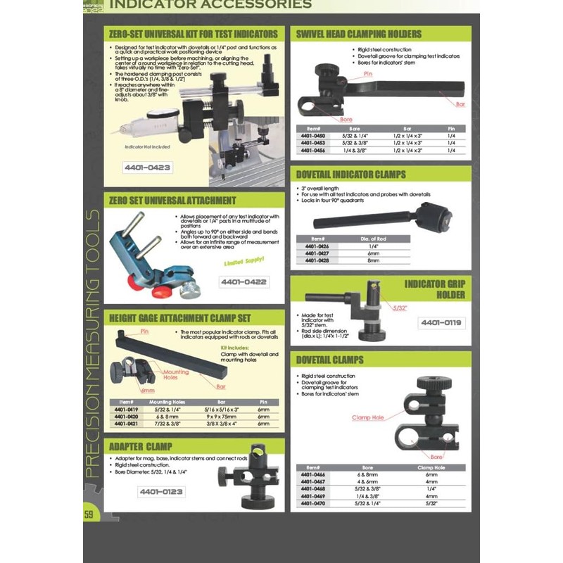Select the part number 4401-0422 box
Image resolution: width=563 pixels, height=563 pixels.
coord(243,281)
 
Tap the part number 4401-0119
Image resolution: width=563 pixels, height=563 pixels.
coord(441,323)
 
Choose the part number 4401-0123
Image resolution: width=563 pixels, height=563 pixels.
coord(161,492)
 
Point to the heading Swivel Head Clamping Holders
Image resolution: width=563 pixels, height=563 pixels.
coord(359,34)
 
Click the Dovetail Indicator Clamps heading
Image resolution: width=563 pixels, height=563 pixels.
coord(351,175)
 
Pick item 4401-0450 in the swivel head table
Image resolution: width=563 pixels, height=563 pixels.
coord(312,136)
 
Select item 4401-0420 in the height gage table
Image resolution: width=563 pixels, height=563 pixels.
coord(126,416)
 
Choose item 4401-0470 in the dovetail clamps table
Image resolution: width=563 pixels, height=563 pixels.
coord(312,503)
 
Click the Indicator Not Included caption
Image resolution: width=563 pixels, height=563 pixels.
coord(147,146)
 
